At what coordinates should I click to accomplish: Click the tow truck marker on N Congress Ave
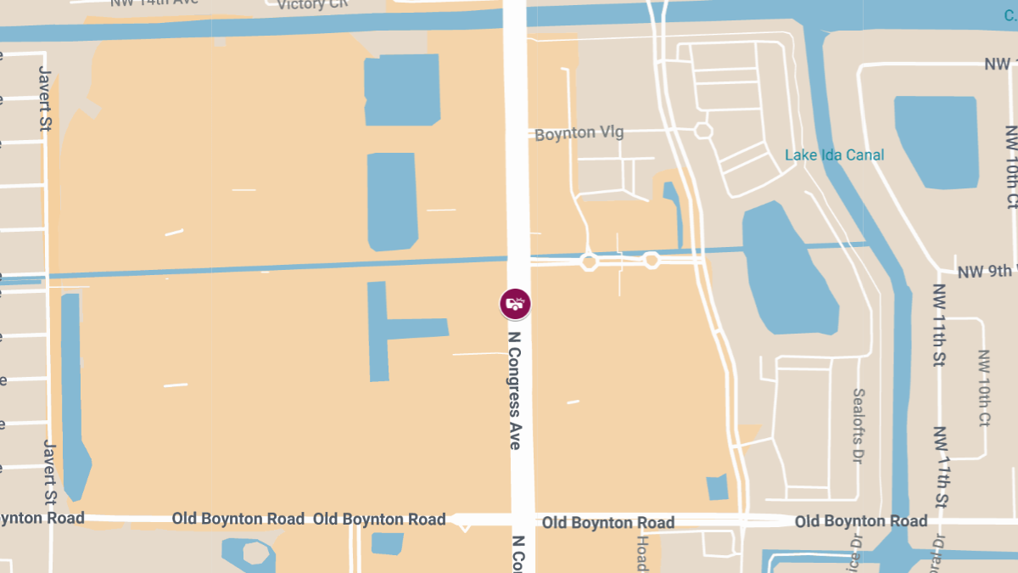coord(515,303)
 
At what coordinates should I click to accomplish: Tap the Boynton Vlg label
coord(579,133)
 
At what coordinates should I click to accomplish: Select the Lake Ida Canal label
coord(834,154)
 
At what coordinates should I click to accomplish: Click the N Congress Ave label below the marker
coord(515,390)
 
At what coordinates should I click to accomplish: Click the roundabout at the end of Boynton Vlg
coord(702,131)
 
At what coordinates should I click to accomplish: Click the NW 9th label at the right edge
coord(986,272)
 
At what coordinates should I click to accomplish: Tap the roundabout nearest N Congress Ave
coord(589,262)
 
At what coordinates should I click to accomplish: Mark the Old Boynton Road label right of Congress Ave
coord(608,522)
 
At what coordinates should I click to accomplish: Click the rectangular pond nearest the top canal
coord(402,89)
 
